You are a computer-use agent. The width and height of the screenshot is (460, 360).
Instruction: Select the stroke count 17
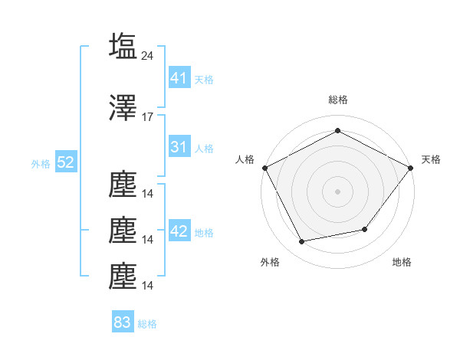[x=148, y=117]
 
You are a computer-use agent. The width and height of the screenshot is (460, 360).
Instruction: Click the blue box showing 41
[x=179, y=77]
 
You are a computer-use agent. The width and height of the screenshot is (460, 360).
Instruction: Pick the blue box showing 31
[x=179, y=147]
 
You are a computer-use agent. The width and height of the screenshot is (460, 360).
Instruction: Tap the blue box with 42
[x=179, y=231]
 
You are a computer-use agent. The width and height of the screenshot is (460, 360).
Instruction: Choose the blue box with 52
[x=65, y=162]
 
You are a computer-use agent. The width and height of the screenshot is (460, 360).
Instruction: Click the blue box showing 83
[x=123, y=322]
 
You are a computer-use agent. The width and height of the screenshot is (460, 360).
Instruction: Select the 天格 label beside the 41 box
[x=204, y=79]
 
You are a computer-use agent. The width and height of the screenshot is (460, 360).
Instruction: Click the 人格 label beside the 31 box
[x=204, y=149]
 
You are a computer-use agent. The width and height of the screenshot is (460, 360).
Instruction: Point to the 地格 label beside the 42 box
[x=204, y=233]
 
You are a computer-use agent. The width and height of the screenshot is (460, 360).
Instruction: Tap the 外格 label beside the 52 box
[x=41, y=164]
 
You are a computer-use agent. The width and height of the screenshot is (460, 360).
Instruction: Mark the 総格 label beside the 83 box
[x=147, y=324]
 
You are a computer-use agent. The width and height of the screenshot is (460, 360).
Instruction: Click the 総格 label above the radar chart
[x=337, y=100]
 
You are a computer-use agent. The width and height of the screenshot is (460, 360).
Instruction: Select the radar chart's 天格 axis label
[x=432, y=159]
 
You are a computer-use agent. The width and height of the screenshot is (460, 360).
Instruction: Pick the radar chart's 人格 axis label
[x=245, y=159]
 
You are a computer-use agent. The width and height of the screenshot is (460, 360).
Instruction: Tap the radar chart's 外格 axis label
[x=270, y=262]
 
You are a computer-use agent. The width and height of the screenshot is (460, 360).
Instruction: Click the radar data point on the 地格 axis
[x=365, y=229]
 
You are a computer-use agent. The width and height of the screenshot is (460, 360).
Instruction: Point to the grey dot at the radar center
[x=337, y=191]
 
